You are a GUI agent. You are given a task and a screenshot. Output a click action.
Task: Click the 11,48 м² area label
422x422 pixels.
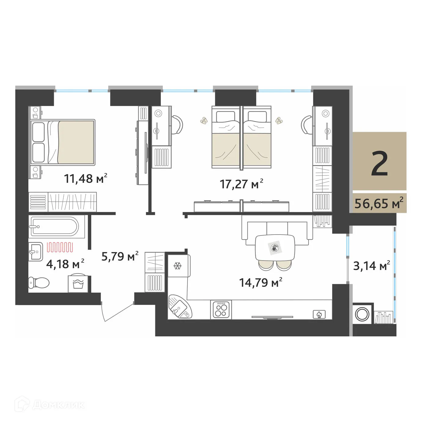(x=85, y=178)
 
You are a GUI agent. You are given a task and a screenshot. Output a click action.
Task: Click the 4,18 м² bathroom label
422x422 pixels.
(x=65, y=264)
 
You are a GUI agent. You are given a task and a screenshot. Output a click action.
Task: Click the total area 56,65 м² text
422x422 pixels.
(x=379, y=203)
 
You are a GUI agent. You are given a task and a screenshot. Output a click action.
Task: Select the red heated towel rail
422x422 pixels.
(x=60, y=247)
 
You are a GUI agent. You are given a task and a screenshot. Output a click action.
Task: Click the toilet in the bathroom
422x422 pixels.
(x=39, y=282)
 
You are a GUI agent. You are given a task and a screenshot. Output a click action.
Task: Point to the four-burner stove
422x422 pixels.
(x=221, y=309)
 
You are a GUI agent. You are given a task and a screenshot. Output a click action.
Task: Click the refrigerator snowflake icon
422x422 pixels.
(x=177, y=266)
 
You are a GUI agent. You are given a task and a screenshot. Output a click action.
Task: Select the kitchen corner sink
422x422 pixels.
(x=180, y=307)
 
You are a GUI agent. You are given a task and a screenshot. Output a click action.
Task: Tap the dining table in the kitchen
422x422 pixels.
(x=275, y=248)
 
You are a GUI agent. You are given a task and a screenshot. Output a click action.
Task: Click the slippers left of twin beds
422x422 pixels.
(x=203, y=121)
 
